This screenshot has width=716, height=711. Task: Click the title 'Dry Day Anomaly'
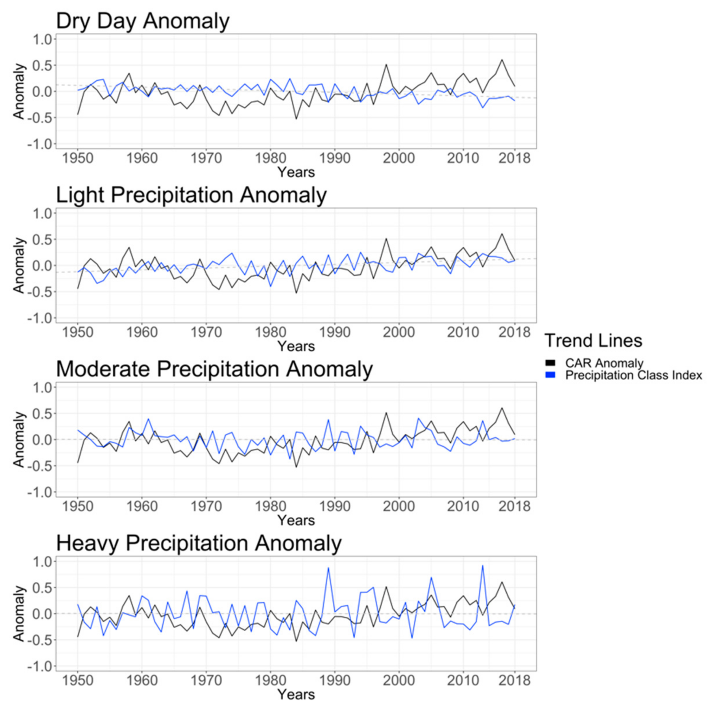click(143, 21)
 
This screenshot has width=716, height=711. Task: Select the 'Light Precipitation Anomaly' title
click(191, 195)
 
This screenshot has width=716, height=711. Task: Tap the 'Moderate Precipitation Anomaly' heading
click(214, 369)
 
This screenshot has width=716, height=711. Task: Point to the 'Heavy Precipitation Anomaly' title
click(199, 544)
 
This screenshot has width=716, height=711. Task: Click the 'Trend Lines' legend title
click(593, 341)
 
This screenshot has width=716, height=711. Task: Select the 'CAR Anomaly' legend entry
click(604, 363)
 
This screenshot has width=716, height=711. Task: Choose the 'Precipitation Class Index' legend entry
click(633, 375)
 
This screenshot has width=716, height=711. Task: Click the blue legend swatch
click(551, 375)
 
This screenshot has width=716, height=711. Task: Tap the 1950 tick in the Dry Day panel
click(78, 159)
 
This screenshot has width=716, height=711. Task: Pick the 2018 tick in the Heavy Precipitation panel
click(514, 681)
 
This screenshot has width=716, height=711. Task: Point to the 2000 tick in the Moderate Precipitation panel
click(399, 507)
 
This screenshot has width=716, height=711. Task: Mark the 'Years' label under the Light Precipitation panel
click(296, 346)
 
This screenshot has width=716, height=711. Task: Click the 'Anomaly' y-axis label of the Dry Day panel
click(19, 91)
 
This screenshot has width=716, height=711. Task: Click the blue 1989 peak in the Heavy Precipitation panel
click(328, 568)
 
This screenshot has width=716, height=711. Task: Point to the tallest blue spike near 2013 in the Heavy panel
click(482, 566)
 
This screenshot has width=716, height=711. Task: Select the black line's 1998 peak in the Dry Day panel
click(386, 65)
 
